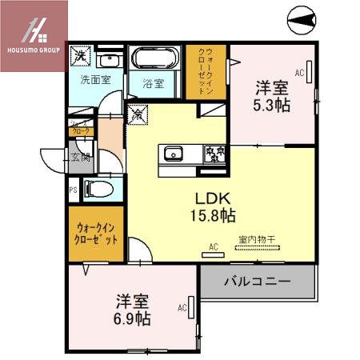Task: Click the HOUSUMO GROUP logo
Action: pos(32,36)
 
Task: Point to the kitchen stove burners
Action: pos(215,152)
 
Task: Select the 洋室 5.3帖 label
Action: pos(272,95)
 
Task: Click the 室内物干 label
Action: pos(255,238)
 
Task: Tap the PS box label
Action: pos(73,190)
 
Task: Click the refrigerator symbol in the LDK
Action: pos(137,114)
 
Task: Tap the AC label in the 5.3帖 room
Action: pos(300,74)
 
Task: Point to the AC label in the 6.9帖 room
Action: pos(182,306)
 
